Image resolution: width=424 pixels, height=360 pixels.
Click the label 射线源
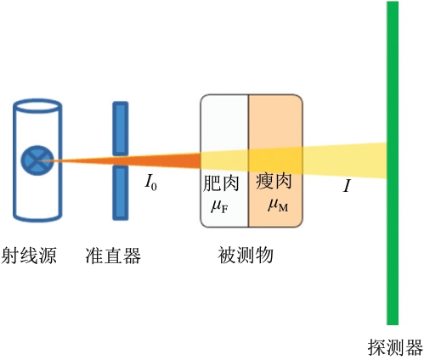pos(29,256)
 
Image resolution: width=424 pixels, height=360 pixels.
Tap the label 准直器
pos(113,256)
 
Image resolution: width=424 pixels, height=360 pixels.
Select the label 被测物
pos(246,255)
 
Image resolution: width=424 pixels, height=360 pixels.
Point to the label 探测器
pos(395,347)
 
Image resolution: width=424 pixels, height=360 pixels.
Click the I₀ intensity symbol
pos(150,183)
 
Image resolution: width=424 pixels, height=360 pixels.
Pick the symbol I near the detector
pos(347,187)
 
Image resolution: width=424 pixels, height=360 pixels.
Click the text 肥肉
pos(221,183)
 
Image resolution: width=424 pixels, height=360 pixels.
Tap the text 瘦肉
pos(274,181)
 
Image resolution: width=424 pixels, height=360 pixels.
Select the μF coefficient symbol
pos(219,206)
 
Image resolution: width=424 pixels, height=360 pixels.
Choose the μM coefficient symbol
pos(278,205)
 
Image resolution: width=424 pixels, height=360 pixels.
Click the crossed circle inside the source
pos(37,160)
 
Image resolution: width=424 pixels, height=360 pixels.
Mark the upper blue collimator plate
pos(121,128)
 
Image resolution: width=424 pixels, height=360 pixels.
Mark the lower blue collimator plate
pos(121,193)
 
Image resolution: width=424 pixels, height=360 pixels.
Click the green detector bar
pos(393,163)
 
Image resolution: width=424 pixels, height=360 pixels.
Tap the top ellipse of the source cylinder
pos(37,106)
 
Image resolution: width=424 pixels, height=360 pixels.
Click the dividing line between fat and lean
pos(249,160)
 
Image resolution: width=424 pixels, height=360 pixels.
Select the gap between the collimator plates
pos(121,160)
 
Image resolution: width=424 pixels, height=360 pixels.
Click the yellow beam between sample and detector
pos(345,160)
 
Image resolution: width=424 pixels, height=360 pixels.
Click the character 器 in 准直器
pos(132,256)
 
